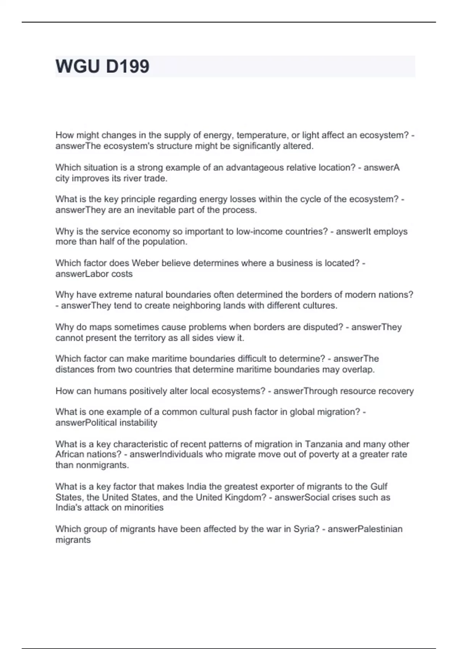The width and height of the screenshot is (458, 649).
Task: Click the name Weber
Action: point(144,263)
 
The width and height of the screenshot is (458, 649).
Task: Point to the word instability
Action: point(138,423)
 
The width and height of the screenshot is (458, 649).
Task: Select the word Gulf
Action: point(379,486)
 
